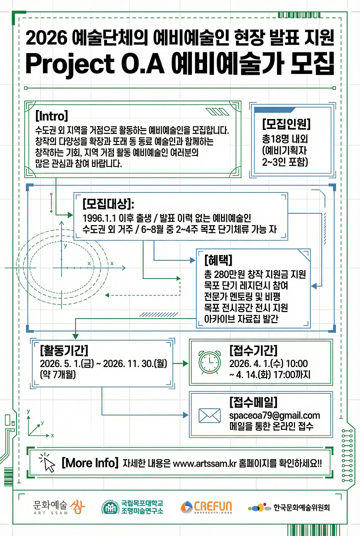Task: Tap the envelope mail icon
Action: [210, 416]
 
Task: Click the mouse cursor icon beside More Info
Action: [47, 462]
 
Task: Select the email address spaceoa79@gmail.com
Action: [275, 416]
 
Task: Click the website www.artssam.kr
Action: [205, 464]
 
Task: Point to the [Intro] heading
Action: [51, 116]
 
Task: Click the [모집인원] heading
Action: [286, 124]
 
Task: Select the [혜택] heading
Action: [218, 260]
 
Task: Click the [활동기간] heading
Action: [64, 350]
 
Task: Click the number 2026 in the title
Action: [46, 38]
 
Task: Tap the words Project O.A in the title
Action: [95, 64]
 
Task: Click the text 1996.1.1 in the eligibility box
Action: [99, 218]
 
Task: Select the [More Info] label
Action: [90, 463]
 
